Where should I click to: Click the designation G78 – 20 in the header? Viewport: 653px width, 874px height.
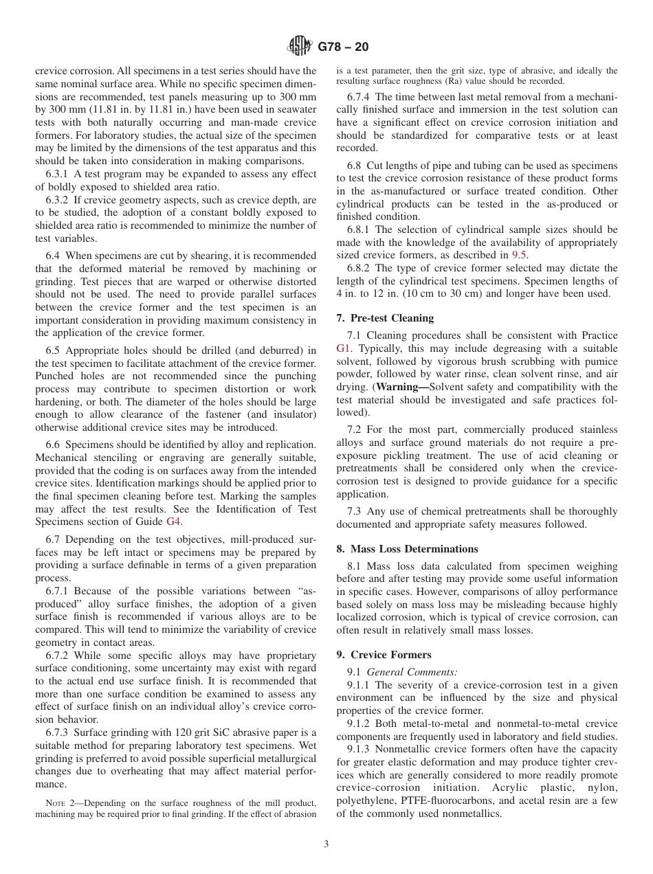(344, 47)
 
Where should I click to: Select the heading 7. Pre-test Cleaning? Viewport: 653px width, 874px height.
(385, 318)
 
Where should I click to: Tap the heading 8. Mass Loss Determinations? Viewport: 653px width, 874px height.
(407, 549)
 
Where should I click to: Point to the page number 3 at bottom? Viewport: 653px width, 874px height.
(326, 844)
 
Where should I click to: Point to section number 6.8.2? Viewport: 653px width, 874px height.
(359, 268)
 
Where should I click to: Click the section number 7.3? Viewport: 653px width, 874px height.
(355, 511)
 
